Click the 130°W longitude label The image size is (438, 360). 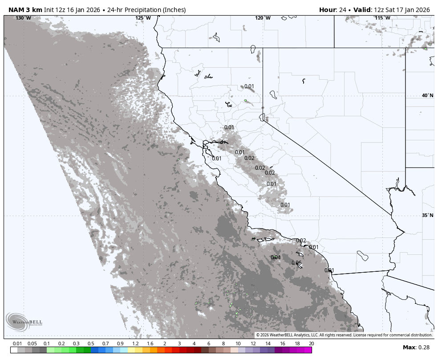tap(24, 18)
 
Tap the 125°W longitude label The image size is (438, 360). tap(143, 18)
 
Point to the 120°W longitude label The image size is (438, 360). tap(263, 18)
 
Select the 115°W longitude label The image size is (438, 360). tap(382, 18)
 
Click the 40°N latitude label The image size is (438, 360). tap(427, 95)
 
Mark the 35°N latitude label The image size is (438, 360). tap(427, 215)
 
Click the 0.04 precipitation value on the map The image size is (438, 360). tap(276, 258)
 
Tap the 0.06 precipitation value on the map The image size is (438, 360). tap(296, 263)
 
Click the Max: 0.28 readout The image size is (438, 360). tap(416, 348)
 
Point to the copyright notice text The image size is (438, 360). tap(344, 335)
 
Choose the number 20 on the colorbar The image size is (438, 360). tap(311, 344)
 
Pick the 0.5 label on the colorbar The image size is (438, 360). tap(91, 344)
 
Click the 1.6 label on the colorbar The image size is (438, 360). tap(150, 344)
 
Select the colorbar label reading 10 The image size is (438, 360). tap(238, 344)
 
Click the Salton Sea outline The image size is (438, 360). tap(363, 256)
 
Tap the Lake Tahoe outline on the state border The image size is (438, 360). tap(262, 117)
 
